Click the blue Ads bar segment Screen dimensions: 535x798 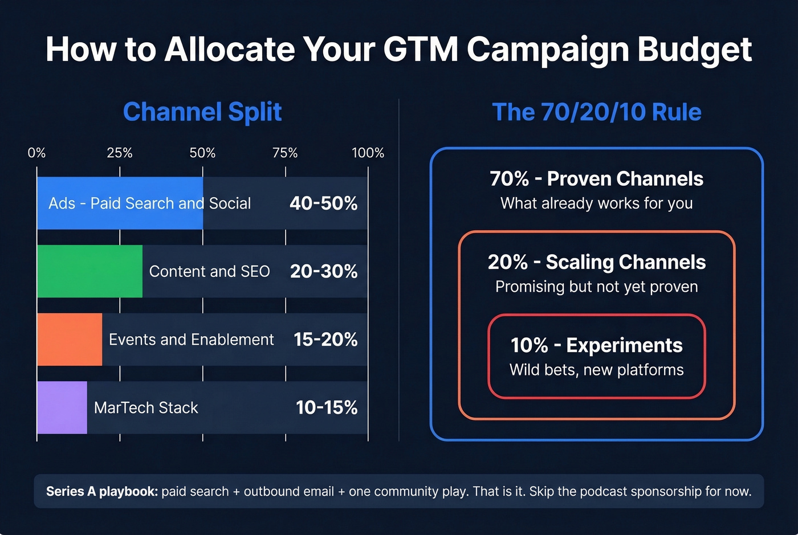[x=120, y=203]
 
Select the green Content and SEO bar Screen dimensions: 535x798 [x=89, y=271]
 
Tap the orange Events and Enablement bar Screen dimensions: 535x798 [x=70, y=340]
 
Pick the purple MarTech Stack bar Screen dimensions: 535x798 [x=62, y=407]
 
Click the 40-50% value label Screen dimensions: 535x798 [x=323, y=203]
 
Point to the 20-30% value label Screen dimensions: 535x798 [x=323, y=271]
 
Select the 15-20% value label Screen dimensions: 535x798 [x=325, y=340]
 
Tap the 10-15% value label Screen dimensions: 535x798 [x=327, y=407]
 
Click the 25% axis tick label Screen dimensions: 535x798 [x=120, y=153]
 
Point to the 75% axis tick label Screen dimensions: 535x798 [x=285, y=153]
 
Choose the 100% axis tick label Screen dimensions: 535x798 [x=368, y=153]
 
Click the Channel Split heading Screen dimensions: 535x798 [x=202, y=112]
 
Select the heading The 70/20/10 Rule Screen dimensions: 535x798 [x=596, y=112]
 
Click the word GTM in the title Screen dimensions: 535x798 [x=420, y=49]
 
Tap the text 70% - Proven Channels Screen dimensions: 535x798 [x=596, y=179]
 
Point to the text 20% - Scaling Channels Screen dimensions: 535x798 [x=596, y=262]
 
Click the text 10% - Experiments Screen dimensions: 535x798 [x=596, y=345]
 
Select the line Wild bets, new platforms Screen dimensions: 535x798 [x=596, y=370]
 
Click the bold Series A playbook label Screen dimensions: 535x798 [x=101, y=491]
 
